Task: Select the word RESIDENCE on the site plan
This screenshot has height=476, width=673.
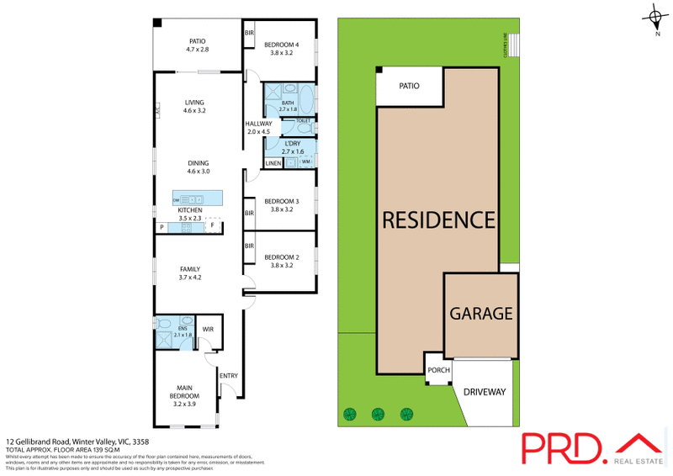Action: point(438,220)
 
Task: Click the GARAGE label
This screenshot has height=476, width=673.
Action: point(480,314)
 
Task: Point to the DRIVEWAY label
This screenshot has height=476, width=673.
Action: point(484,392)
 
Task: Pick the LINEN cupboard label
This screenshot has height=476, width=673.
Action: point(273,162)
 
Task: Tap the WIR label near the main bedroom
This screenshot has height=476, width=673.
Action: point(210,330)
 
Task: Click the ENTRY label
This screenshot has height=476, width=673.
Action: point(229,375)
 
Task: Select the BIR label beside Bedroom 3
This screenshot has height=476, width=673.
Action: point(249,214)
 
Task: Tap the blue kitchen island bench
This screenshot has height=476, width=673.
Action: point(202,198)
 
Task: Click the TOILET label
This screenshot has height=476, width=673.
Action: point(303,121)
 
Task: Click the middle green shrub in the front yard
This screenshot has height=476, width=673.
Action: point(378,413)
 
